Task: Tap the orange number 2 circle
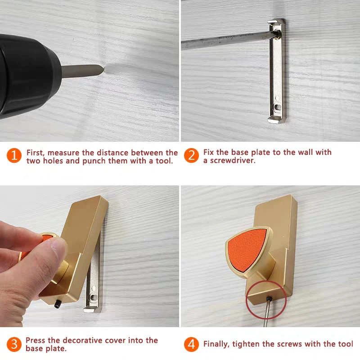(191, 156)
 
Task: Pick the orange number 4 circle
(191, 345)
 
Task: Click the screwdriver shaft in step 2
(225, 41)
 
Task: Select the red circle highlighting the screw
(266, 300)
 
